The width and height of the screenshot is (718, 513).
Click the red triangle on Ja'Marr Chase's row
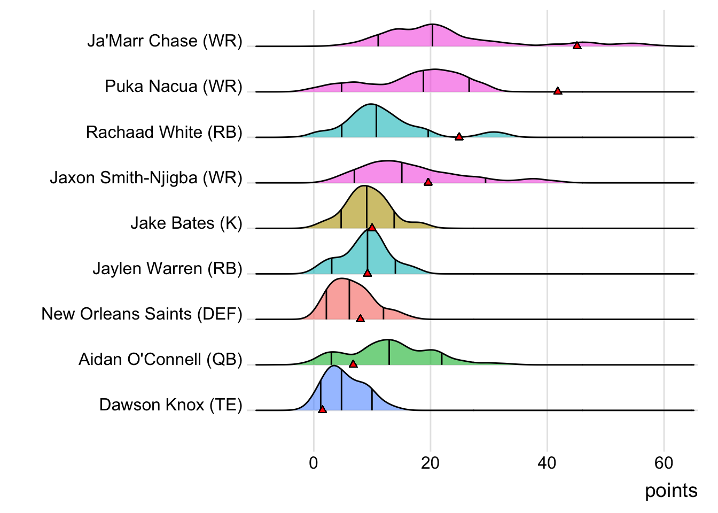click(x=577, y=45)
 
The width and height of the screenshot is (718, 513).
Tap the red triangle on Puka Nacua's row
click(x=558, y=91)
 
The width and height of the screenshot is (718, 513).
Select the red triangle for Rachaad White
click(x=459, y=137)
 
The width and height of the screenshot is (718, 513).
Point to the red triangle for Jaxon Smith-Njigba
click(x=428, y=182)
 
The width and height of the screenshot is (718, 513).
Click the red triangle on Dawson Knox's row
click(x=322, y=409)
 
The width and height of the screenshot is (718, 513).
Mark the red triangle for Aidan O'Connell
click(x=353, y=364)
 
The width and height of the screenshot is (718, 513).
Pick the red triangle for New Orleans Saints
click(x=360, y=318)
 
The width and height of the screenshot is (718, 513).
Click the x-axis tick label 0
click(x=314, y=463)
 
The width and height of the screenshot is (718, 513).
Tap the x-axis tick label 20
click(x=430, y=463)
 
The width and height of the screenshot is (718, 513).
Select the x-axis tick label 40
click(x=547, y=463)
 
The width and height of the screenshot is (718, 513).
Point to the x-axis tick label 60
click(x=664, y=463)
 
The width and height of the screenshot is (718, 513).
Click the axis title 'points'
click(x=671, y=491)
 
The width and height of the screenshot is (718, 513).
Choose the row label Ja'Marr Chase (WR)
click(x=165, y=41)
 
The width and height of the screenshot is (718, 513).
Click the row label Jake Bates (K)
click(x=186, y=223)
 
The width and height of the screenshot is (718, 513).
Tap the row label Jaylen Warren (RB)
click(x=167, y=268)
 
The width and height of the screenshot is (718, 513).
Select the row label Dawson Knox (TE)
click(x=170, y=405)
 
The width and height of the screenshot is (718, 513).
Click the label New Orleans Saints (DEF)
click(x=142, y=314)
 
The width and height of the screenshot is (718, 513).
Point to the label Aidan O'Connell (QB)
click(x=160, y=360)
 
